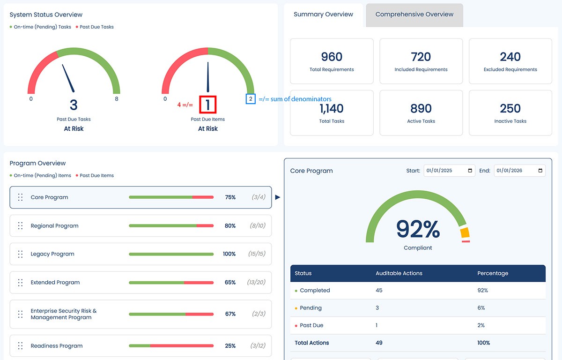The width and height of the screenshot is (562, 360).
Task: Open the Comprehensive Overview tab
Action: click(x=414, y=15)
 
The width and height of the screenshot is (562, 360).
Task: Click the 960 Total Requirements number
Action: click(x=332, y=57)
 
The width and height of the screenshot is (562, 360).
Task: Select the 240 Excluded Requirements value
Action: click(x=510, y=57)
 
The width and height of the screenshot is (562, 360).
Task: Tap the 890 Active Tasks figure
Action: click(x=421, y=109)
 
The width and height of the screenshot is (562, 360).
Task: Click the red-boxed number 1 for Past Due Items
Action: click(x=207, y=105)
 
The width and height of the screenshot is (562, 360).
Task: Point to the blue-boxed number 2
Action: click(x=251, y=99)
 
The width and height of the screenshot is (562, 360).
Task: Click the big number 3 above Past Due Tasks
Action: click(x=74, y=105)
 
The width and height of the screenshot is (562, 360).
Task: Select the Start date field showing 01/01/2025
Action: click(x=449, y=171)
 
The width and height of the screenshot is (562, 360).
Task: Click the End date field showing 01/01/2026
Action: click(x=519, y=171)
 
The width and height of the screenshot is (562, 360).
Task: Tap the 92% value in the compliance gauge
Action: click(x=418, y=229)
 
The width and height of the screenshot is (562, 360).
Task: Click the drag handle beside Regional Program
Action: click(x=20, y=226)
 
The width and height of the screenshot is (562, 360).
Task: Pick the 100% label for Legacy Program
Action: click(x=229, y=254)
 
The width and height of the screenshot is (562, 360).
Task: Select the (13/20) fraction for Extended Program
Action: click(x=256, y=283)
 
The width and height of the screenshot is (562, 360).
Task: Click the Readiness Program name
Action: click(x=57, y=346)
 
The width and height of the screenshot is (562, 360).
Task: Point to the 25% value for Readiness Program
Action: click(x=230, y=346)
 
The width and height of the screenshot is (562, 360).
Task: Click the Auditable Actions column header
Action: click(x=399, y=273)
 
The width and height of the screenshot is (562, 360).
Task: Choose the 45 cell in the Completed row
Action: click(x=379, y=291)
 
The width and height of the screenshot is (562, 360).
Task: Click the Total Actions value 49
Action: click(x=379, y=343)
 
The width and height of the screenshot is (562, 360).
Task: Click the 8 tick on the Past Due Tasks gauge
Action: click(x=117, y=99)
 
